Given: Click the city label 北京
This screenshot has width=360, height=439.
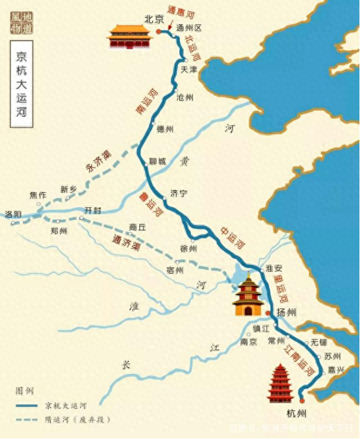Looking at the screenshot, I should (154, 18).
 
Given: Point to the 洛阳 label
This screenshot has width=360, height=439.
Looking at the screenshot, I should (12, 214).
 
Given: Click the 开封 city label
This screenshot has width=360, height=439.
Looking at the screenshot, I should (92, 210).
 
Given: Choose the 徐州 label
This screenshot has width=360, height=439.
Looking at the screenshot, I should (189, 248).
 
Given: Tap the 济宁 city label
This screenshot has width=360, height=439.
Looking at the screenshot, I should (179, 193).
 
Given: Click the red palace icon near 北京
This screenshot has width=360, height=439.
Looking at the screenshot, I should (129, 36).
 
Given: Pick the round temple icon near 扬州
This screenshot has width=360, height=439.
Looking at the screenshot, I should (248, 296).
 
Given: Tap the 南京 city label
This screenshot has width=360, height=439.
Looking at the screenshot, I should (248, 342).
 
